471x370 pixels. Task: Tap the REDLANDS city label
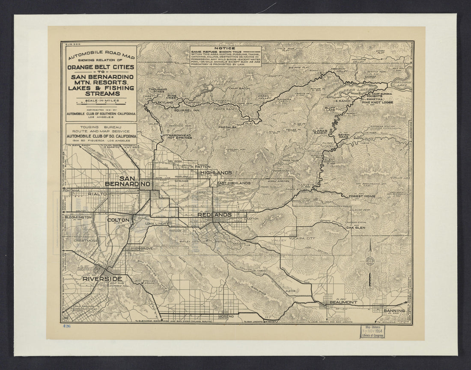coord(214,214)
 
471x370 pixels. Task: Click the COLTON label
coord(118,220)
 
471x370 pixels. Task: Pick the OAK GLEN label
coord(355,228)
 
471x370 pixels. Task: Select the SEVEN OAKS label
coord(344,136)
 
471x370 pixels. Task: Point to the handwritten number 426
coord(66,326)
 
